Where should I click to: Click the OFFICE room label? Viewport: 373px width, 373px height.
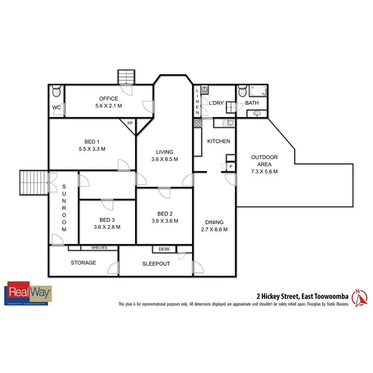108,99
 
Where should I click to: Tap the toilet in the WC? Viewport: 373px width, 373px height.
56,92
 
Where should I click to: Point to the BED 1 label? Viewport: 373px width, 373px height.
90,142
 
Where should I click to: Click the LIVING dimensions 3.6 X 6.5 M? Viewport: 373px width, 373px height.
164,159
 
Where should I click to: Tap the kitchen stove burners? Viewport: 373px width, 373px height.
197,123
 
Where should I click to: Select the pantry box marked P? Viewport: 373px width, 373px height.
231,166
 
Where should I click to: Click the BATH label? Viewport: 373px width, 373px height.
252,103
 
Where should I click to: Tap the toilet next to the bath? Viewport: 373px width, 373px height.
242,92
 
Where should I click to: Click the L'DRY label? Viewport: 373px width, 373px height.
216,103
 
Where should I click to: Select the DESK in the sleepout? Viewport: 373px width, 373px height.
164,249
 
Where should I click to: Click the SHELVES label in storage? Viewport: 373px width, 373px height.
99,248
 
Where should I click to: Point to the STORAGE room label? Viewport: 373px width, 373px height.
83,263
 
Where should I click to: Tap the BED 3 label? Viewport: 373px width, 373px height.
107,220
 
